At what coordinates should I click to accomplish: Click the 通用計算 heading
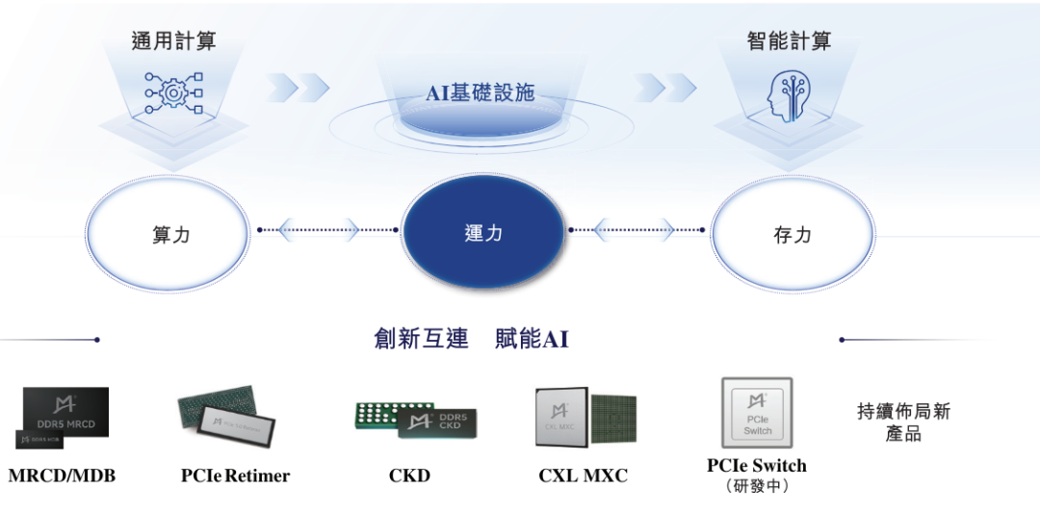click(173, 40)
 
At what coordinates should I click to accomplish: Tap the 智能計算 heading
click(789, 40)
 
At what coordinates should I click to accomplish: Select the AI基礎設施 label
click(480, 93)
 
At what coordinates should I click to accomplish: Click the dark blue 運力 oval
click(482, 233)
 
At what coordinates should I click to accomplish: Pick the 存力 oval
click(793, 234)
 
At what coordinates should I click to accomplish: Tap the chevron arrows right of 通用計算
click(298, 88)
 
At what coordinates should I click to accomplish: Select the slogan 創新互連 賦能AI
click(471, 339)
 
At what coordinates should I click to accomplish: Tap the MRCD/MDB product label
click(62, 475)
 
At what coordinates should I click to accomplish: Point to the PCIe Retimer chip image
click(229, 417)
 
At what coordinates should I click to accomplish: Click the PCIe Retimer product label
click(235, 475)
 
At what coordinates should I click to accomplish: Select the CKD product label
click(409, 475)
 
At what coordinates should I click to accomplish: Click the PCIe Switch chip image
click(757, 413)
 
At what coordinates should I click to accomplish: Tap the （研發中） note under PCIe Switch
click(756, 487)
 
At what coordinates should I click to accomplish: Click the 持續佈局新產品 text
click(903, 423)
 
